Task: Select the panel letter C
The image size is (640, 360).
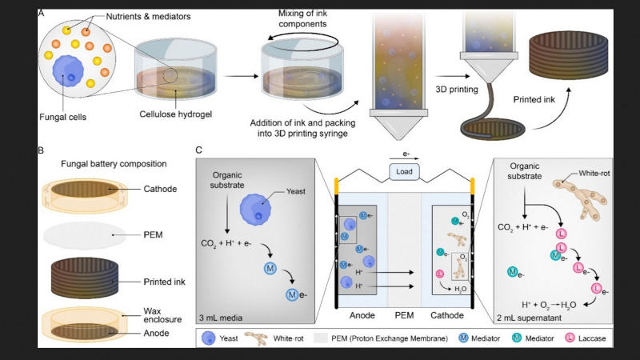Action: click(198, 150)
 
